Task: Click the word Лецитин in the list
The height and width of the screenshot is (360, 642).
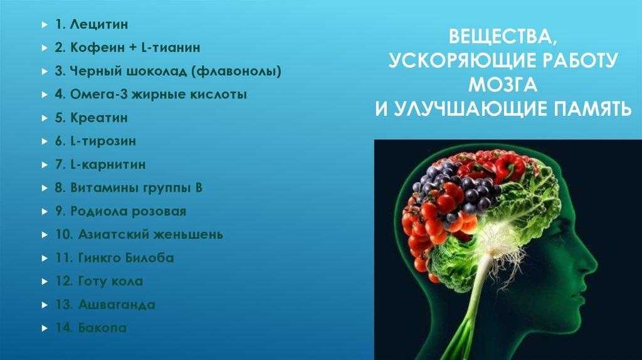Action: coord(98,24)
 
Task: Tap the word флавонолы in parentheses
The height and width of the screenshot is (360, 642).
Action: coord(236,71)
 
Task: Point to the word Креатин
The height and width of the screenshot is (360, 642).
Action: coord(99,118)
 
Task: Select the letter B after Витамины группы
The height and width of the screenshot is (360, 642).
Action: coord(199,188)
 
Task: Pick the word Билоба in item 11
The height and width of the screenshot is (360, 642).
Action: coord(149,258)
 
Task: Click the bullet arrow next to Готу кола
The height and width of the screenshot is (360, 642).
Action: coord(45,282)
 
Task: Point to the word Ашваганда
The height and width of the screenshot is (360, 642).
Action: coord(117,305)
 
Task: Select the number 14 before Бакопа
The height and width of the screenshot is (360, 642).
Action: coord(65,328)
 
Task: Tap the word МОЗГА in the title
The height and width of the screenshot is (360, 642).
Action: coord(502,85)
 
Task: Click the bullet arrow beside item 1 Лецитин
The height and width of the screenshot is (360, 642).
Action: coord(45,25)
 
